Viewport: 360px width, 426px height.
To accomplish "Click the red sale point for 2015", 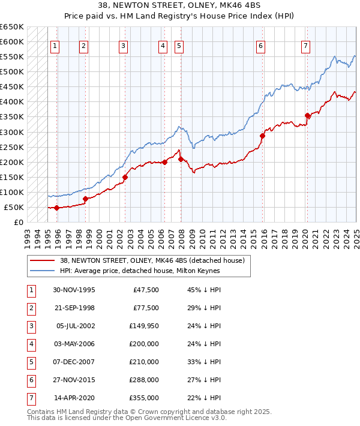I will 262,136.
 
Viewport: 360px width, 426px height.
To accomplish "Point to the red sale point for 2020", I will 307,115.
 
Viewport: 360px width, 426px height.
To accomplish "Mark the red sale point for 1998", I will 85,199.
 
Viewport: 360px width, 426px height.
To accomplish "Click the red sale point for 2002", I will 125,177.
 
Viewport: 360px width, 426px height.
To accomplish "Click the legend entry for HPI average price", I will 140,271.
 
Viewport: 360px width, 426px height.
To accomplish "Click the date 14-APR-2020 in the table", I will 74,397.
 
